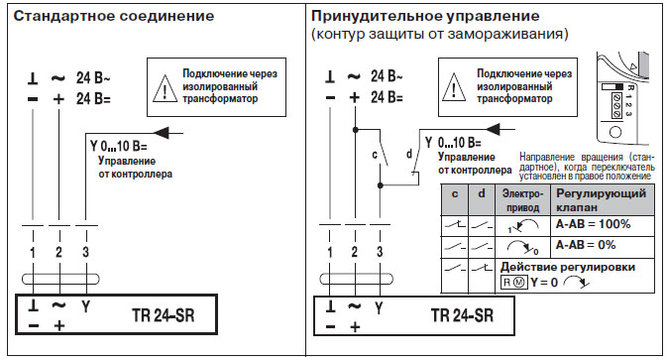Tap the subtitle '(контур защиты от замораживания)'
[x=439, y=35]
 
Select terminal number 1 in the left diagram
[x=33, y=253]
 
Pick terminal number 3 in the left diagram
[x=86, y=253]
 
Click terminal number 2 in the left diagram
[x=59, y=253]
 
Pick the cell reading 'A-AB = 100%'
[x=593, y=224]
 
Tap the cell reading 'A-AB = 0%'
[x=586, y=244]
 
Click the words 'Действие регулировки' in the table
[x=568, y=267]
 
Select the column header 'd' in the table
[x=480, y=193]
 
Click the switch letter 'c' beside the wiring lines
[x=374, y=155]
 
